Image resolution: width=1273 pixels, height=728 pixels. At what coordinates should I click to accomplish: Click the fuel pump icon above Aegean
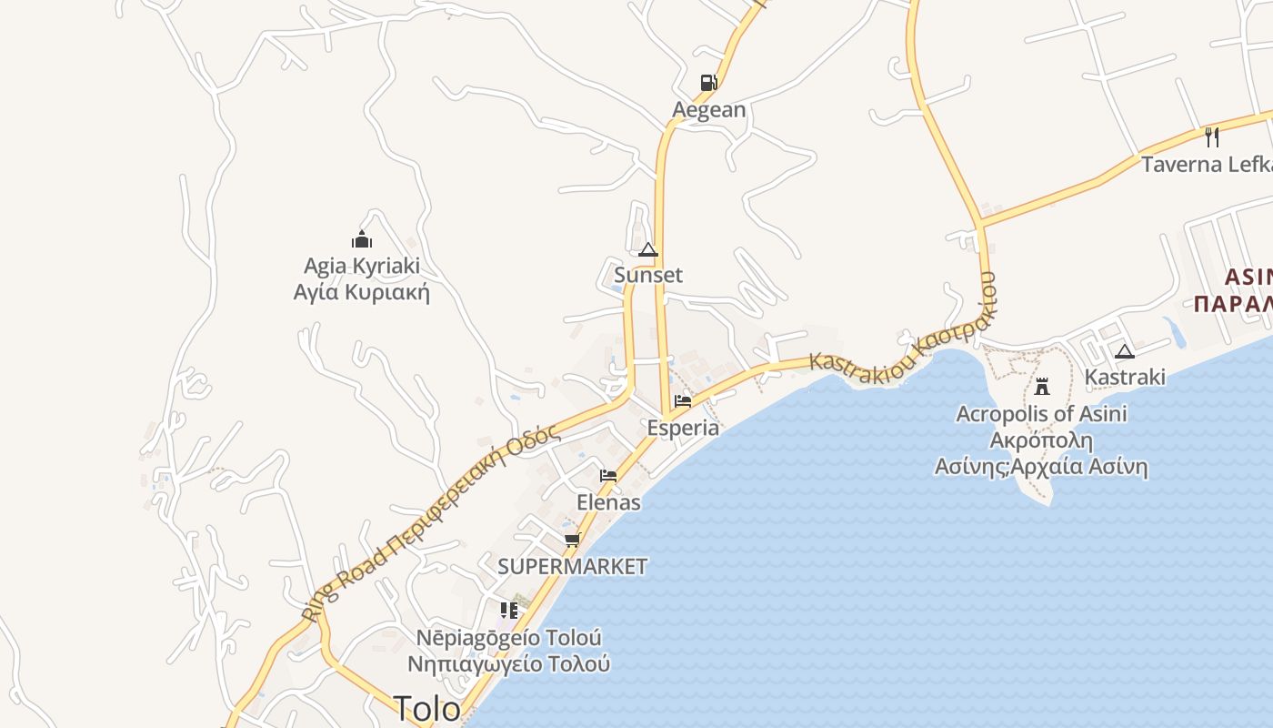click(708, 83)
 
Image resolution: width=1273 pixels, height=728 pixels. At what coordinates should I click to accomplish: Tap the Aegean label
click(708, 110)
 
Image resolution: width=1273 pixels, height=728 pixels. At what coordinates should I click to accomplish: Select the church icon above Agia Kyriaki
click(362, 240)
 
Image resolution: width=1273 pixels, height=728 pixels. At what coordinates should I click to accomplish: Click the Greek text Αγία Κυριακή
click(362, 293)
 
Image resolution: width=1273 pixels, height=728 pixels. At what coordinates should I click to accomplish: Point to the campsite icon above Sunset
click(647, 250)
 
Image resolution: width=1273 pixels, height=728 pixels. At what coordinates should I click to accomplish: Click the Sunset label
click(648, 275)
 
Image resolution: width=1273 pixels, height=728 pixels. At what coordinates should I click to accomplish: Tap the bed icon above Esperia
click(683, 401)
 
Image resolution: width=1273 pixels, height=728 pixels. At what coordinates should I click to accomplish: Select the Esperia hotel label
click(683, 428)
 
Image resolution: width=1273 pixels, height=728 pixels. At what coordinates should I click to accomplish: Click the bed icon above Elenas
click(608, 476)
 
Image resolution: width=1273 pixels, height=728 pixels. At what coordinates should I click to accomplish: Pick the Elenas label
click(608, 502)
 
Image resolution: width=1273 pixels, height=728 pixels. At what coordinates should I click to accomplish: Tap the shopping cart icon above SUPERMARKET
click(572, 541)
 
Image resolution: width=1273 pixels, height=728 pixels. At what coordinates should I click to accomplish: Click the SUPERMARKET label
click(573, 566)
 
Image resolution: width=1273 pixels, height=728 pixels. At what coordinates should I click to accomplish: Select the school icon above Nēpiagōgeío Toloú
click(509, 611)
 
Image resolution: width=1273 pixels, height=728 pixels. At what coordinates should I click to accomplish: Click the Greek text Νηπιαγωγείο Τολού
click(509, 663)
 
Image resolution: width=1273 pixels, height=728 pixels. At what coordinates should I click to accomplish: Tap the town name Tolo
click(427, 708)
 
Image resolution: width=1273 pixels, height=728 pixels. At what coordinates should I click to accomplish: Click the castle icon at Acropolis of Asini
click(1042, 387)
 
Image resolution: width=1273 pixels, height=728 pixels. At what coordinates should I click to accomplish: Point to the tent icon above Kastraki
click(1125, 352)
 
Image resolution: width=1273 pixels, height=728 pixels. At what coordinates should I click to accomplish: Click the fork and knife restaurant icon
click(1211, 137)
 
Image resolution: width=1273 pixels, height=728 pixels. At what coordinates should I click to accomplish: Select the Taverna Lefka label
click(1206, 165)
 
